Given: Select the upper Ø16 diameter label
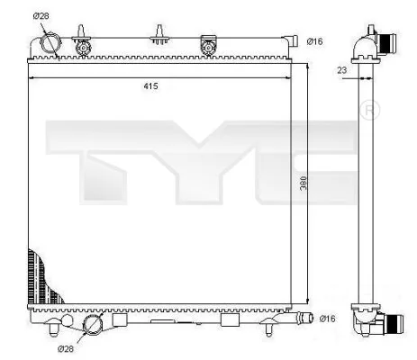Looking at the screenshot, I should click(x=315, y=40).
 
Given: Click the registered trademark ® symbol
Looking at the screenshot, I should click(x=369, y=111).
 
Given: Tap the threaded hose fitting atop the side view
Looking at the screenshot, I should click(x=385, y=41).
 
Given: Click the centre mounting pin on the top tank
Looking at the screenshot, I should click(x=160, y=36).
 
